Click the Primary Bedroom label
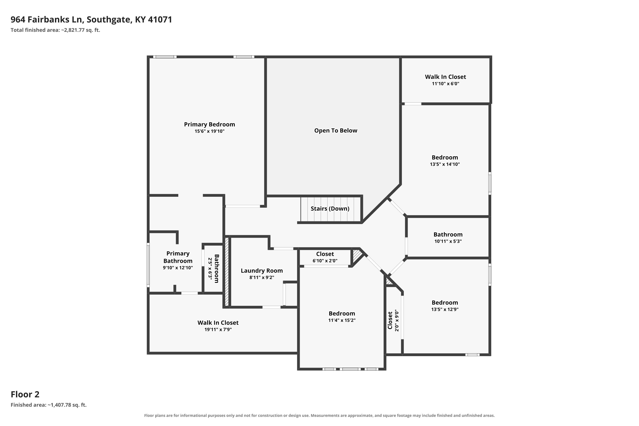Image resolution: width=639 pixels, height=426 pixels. click(x=209, y=124)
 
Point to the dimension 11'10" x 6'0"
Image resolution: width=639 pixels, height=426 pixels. click(x=446, y=84)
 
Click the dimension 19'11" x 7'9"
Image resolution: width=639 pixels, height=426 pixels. click(x=218, y=330)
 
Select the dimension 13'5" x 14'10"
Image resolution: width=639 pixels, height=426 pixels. click(x=445, y=164)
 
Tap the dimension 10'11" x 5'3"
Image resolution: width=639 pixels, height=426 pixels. click(x=448, y=241)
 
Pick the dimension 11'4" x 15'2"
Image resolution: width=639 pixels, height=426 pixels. click(x=342, y=320)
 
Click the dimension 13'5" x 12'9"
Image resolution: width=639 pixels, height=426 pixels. click(x=445, y=309)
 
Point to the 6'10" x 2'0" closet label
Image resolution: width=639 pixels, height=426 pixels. click(x=325, y=257)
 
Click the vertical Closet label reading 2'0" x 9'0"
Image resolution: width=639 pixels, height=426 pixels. click(x=393, y=320)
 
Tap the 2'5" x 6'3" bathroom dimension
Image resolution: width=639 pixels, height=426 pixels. click(x=210, y=268)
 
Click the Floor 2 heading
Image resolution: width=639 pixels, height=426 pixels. click(x=25, y=394)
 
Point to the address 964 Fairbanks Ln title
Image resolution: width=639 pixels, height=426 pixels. click(x=91, y=20)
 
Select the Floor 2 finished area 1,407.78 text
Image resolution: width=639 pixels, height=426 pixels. click(x=49, y=405)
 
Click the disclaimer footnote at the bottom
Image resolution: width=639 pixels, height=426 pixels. click(x=319, y=415)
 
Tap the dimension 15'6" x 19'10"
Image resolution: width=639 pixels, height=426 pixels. click(x=209, y=131)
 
